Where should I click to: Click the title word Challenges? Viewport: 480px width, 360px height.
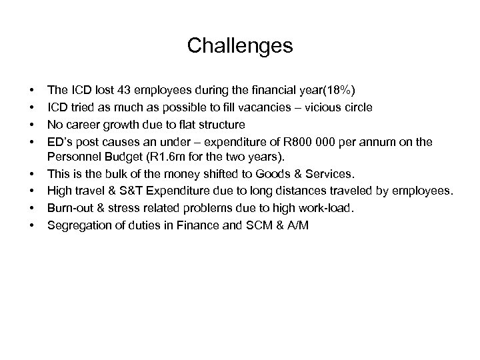(239, 46)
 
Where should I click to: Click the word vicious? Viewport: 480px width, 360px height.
(303, 107)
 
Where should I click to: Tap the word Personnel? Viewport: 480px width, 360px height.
(73, 157)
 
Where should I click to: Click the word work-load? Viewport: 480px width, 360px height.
(325, 209)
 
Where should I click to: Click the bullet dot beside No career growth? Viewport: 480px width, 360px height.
(32, 125)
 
